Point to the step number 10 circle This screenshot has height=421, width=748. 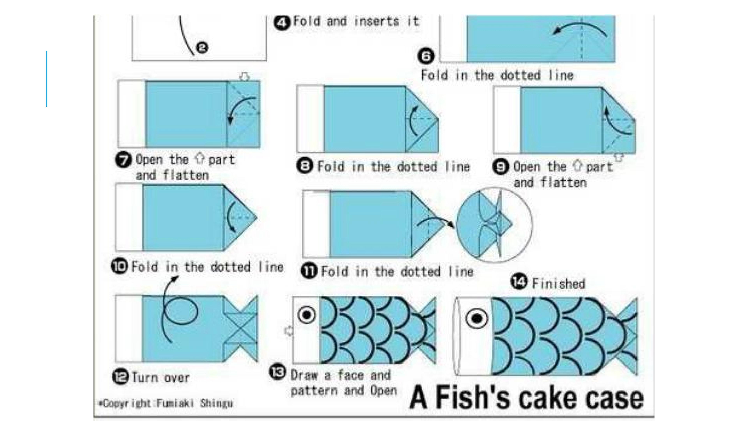click(x=120, y=266)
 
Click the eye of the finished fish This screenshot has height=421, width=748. click(x=476, y=318)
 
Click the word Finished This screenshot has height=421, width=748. click(x=558, y=283)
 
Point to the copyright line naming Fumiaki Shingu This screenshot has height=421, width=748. click(x=166, y=403)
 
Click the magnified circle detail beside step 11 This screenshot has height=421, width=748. click(x=494, y=225)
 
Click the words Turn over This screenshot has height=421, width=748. click(x=161, y=377)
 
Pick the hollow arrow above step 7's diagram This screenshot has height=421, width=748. click(x=245, y=77)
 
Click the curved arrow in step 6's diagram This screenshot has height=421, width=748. click(x=579, y=31)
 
